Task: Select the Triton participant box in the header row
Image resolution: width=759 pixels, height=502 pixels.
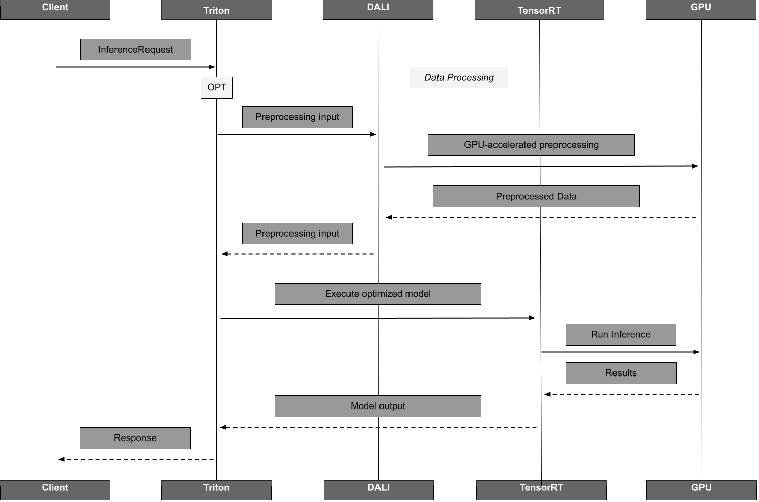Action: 216,10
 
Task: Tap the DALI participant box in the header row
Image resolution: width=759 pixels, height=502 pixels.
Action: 377,9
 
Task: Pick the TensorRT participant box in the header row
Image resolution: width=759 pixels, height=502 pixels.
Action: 539,10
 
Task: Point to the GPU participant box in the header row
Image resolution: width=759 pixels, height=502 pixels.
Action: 700,9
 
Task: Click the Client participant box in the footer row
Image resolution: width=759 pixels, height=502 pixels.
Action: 55,489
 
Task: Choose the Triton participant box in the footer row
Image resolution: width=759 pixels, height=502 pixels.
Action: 216,489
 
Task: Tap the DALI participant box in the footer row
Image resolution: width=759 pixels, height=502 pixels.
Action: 378,489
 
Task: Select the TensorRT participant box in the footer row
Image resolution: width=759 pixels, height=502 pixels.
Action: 541,489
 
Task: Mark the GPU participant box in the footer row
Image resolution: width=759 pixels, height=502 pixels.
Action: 701,489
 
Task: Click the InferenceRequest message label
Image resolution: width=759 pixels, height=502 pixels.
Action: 135,49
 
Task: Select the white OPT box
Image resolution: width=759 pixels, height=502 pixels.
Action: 217,87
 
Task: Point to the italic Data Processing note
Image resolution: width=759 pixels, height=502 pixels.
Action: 459,77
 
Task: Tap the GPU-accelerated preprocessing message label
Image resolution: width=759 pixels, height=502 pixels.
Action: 531,145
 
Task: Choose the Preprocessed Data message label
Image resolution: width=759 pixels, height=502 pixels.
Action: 536,196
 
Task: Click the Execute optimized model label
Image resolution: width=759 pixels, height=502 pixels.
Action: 377,294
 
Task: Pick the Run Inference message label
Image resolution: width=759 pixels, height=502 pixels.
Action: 621,334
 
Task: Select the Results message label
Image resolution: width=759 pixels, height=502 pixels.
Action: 621,373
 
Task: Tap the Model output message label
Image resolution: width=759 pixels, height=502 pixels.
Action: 377,406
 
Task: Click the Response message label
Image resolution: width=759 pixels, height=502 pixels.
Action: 135,438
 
